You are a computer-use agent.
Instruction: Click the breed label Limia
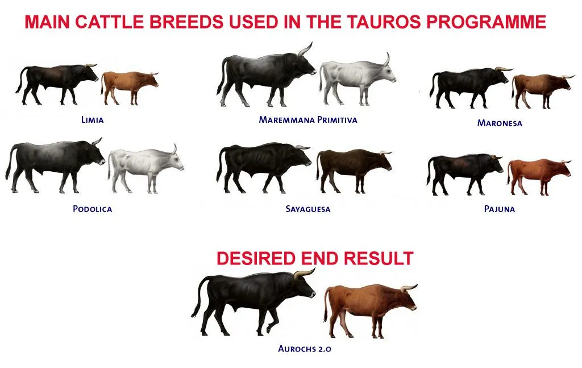pos(92,121)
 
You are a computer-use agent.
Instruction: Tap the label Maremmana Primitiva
pos(307,120)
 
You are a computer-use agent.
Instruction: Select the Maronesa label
pos(499,123)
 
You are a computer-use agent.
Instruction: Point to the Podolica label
pos(92,209)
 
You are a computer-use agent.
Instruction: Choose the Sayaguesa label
pos(307,209)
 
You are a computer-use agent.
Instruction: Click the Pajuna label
pos(499,209)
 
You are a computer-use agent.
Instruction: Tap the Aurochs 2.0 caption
pos(304,348)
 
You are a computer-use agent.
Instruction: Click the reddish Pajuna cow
pos(536,171)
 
